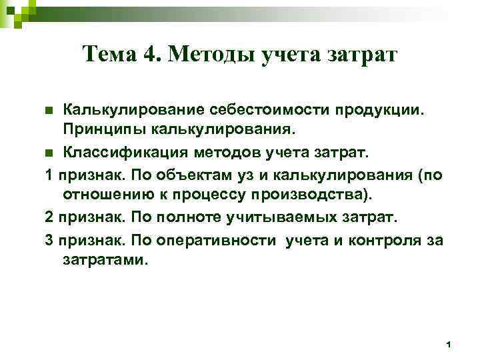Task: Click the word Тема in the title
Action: point(110,54)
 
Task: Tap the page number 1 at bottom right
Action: point(449,343)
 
